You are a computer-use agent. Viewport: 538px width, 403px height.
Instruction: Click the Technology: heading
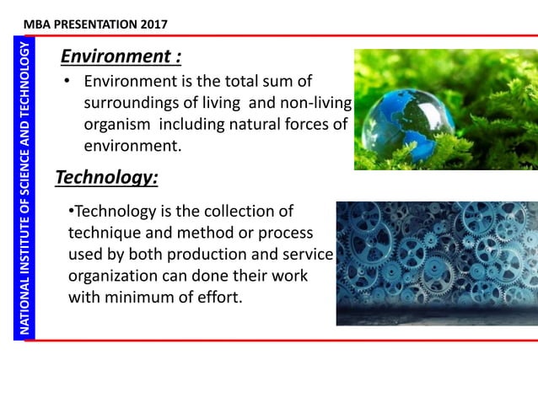[x=106, y=178]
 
